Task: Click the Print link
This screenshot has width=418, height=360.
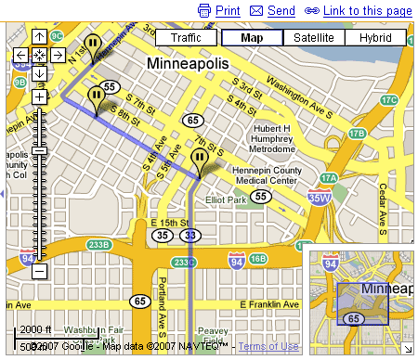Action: pyautogui.click(x=220, y=10)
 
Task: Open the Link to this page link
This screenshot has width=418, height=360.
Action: pyautogui.click(x=359, y=10)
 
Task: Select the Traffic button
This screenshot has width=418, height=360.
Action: pyautogui.click(x=186, y=38)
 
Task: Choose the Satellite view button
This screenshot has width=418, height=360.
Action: pyautogui.click(x=314, y=38)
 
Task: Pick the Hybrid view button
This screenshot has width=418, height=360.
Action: pyautogui.click(x=375, y=38)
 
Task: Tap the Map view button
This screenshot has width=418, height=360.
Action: pyautogui.click(x=251, y=38)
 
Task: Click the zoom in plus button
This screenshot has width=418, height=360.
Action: pyautogui.click(x=40, y=96)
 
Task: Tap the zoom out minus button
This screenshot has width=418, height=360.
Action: pyautogui.click(x=40, y=271)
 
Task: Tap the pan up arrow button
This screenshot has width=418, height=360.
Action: pyautogui.click(x=40, y=36)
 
